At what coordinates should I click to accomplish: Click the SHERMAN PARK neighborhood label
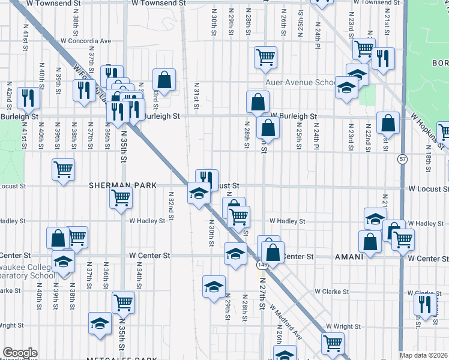click(122, 185)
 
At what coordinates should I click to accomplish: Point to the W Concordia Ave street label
click(86, 41)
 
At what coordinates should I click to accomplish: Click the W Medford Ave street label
click(286, 320)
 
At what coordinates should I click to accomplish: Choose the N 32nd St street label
click(171, 205)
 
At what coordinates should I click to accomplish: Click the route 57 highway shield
click(402, 158)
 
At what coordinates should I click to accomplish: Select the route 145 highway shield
click(262, 265)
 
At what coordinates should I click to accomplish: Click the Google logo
click(19, 353)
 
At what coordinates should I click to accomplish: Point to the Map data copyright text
click(424, 355)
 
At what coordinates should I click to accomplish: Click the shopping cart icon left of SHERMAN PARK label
click(63, 169)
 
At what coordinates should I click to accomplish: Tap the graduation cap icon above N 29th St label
click(213, 287)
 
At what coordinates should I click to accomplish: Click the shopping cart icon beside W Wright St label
click(333, 343)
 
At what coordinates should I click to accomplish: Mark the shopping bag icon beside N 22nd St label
click(388, 123)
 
